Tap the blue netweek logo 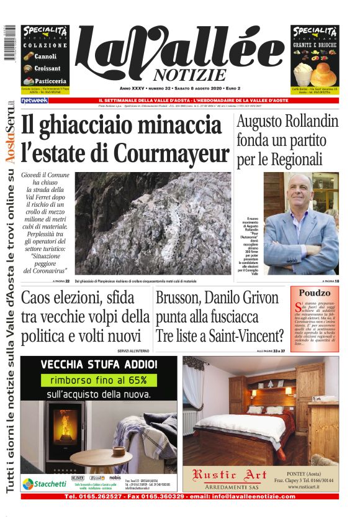pos(34,100)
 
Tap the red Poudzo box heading pos(315,293)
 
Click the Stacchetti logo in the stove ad pos(45,483)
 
